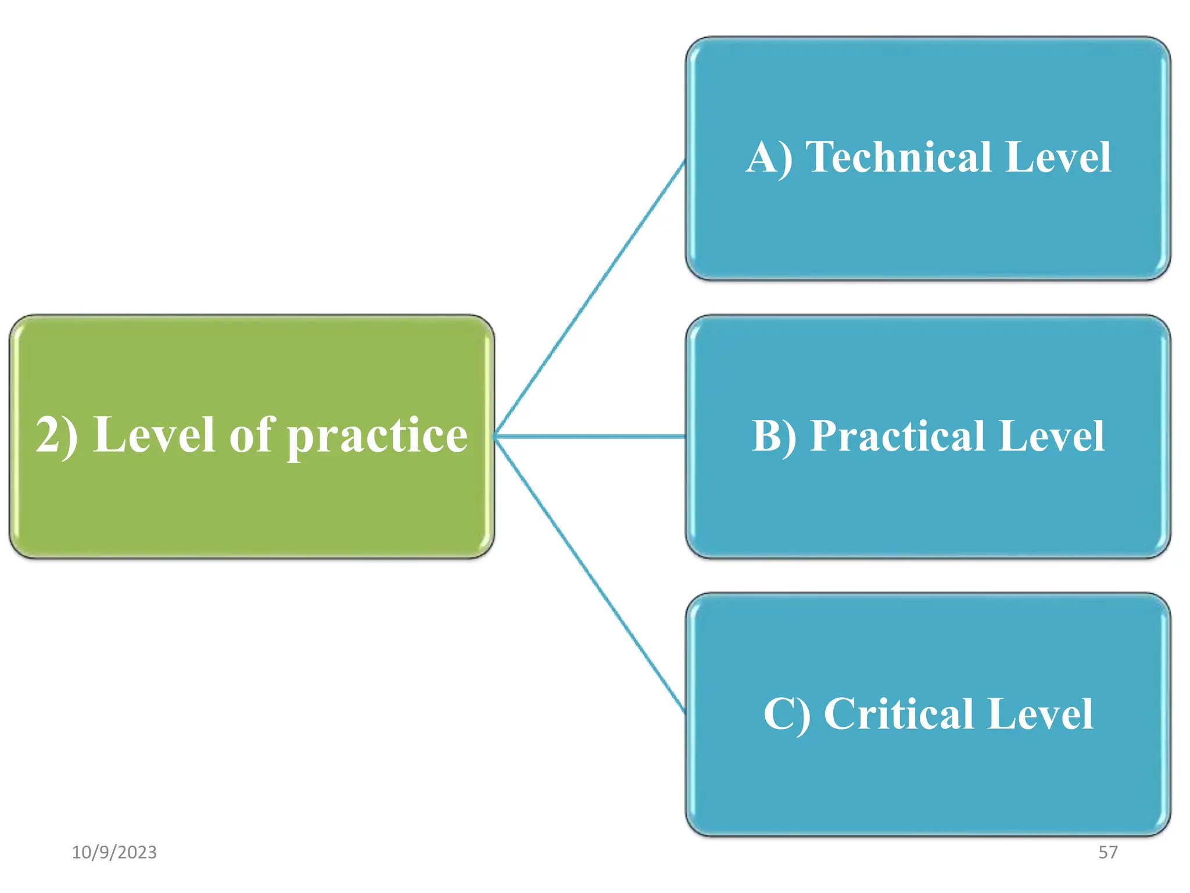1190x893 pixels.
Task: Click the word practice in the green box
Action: click(x=378, y=436)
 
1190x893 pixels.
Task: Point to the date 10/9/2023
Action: click(x=114, y=852)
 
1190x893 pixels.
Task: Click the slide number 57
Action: click(x=1107, y=852)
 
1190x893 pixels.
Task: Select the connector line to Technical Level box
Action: click(x=590, y=298)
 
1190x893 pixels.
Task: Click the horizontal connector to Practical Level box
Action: click(x=590, y=436)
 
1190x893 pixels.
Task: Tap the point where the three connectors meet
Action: click(x=495, y=436)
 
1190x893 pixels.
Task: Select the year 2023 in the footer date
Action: click(x=137, y=852)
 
